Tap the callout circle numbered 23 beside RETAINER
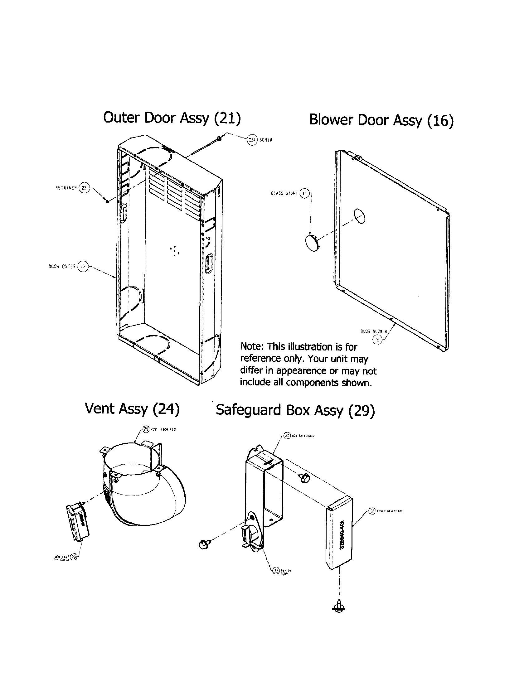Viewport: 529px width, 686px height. point(84,188)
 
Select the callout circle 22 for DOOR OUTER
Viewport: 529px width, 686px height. point(83,266)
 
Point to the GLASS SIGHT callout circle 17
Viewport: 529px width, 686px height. point(304,193)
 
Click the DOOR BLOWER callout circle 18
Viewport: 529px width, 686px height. point(377,339)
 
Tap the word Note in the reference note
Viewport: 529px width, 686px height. point(252,346)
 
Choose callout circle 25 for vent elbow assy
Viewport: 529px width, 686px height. point(146,429)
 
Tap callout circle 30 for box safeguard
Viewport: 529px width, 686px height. point(288,435)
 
